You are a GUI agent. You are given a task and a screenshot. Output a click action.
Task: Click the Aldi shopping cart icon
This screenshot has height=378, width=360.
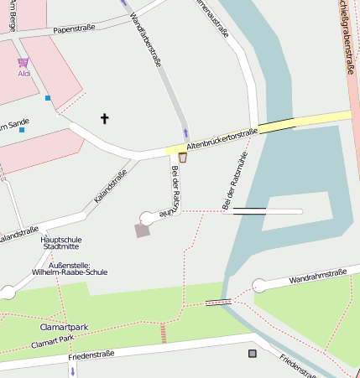pyautogui.click(x=23, y=62)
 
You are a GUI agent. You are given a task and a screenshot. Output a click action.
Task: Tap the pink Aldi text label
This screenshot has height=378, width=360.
pyautogui.click(x=23, y=74)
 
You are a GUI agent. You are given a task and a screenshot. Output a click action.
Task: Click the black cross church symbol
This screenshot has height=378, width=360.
pyautogui.click(x=105, y=119)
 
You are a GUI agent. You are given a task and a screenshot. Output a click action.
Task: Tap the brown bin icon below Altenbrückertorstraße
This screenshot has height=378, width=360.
pyautogui.click(x=182, y=158)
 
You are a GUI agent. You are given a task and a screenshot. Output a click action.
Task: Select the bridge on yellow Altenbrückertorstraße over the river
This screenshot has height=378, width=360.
pyautogui.click(x=277, y=126)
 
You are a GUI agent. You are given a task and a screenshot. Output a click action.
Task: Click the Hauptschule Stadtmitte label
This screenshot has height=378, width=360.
pyautogui.click(x=61, y=243)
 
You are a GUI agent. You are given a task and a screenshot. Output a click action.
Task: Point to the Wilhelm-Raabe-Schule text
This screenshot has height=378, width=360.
pyautogui.click(x=69, y=272)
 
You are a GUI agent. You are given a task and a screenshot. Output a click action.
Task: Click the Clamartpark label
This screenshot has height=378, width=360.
pyautogui.click(x=64, y=327)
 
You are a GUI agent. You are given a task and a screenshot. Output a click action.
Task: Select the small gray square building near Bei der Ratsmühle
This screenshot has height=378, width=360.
pyautogui.click(x=143, y=230)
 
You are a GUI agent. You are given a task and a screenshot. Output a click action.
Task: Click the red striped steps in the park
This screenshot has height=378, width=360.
pyautogui.click(x=164, y=333)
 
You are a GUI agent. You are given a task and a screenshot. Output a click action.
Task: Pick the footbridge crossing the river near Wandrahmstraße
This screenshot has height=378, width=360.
pyautogui.click(x=218, y=303)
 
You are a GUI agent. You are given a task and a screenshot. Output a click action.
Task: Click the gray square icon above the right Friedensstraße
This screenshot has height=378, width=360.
pyautogui.click(x=252, y=354)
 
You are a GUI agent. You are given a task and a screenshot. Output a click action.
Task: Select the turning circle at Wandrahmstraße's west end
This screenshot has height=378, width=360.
pyautogui.click(x=259, y=286)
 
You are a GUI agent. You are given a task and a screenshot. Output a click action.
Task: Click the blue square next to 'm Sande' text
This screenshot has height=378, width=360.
pyautogui.click(x=22, y=130)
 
